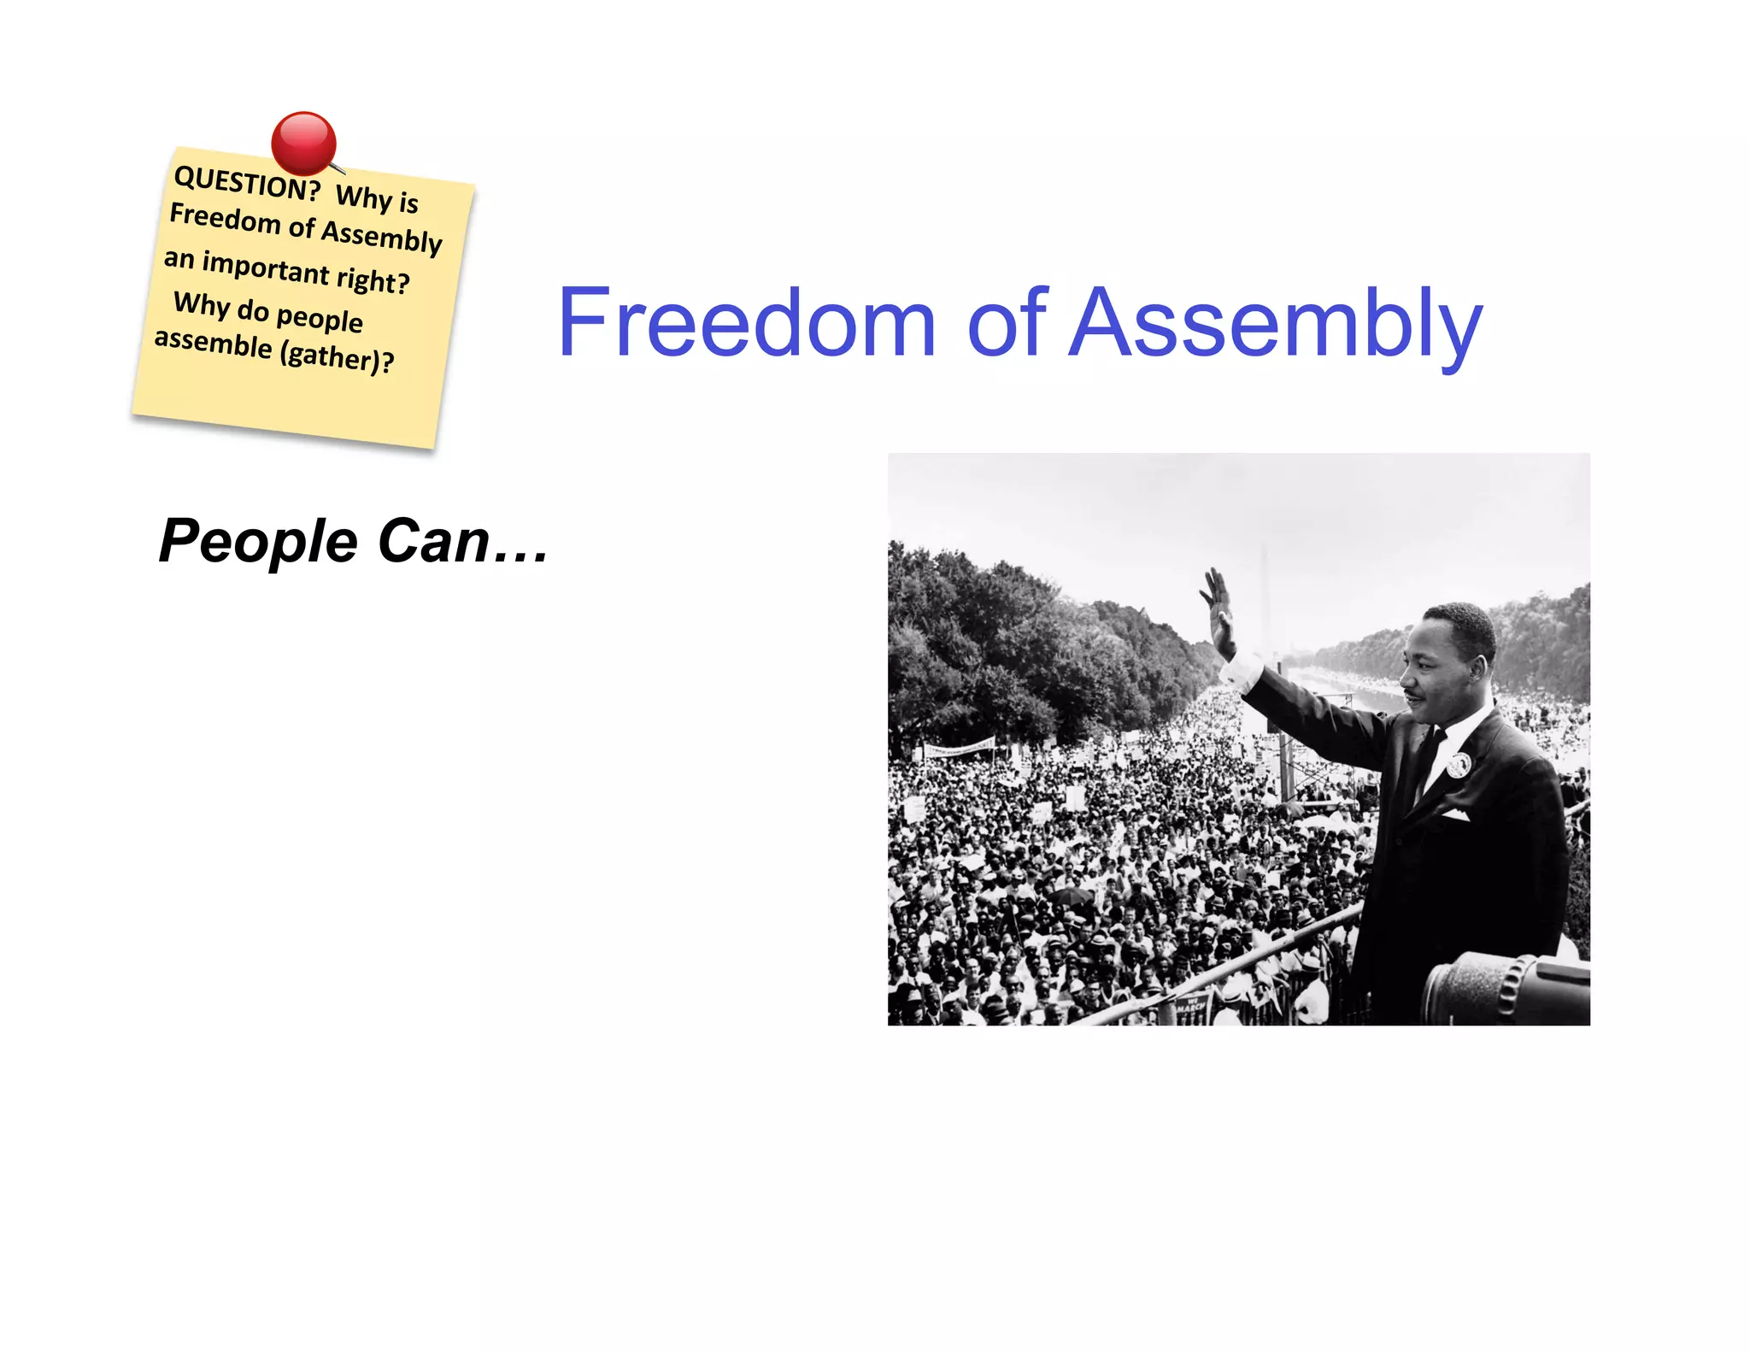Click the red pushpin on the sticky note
point(303,143)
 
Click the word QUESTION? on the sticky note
point(246,184)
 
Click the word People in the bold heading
point(258,541)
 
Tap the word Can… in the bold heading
point(462,541)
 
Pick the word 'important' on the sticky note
point(266,267)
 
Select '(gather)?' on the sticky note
point(337,355)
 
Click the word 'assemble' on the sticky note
point(213,343)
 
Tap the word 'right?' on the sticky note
point(373,279)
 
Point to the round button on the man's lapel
point(1459,764)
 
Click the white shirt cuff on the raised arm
point(1242,672)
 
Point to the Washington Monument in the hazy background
point(1266,598)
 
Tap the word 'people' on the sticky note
point(320,318)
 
